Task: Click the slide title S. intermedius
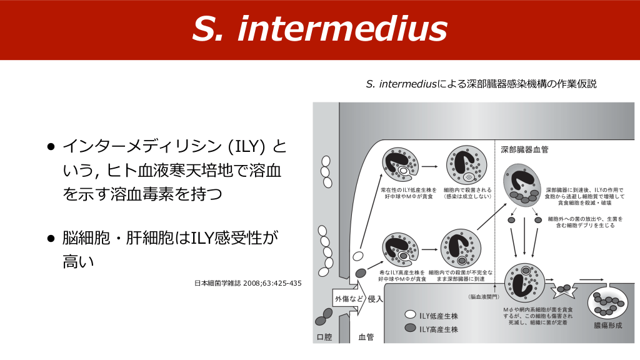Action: click(x=319, y=29)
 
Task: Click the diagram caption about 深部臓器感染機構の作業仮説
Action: click(x=481, y=84)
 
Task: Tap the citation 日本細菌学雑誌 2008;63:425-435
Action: click(x=248, y=284)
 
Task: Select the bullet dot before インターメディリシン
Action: click(x=51, y=147)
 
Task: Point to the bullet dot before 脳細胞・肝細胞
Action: click(x=51, y=239)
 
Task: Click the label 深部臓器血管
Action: click(x=524, y=150)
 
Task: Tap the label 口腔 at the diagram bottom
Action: click(x=325, y=337)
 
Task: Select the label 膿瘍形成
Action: click(x=607, y=326)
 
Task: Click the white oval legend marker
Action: click(x=411, y=314)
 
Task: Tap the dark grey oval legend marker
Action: click(x=411, y=328)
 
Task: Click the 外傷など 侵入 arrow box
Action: click(x=358, y=299)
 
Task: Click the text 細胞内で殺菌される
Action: click(x=467, y=189)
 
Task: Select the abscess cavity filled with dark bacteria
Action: click(x=608, y=302)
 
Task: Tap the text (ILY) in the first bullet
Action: click(x=247, y=147)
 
